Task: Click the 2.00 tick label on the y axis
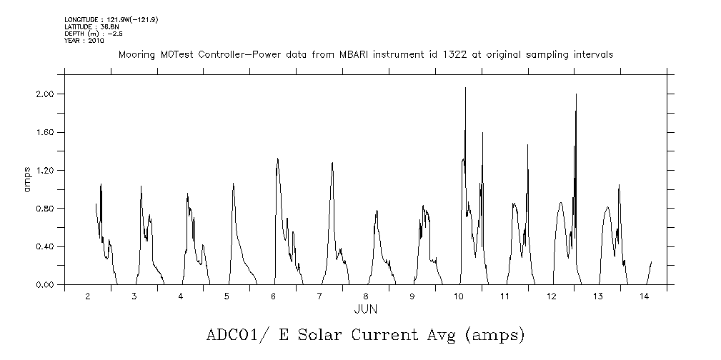(x=45, y=94)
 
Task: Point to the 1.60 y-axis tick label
(x=45, y=132)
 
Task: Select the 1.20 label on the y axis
(x=45, y=171)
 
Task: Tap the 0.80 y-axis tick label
(x=45, y=209)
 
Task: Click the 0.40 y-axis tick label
(x=45, y=246)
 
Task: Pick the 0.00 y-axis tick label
(x=45, y=285)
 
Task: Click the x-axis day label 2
(x=88, y=296)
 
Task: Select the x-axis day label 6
(x=274, y=296)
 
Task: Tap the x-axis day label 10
(x=459, y=296)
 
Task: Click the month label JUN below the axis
(x=366, y=309)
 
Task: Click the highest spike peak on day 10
(x=465, y=88)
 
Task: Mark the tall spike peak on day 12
(x=575, y=94)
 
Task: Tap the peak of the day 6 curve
(x=277, y=159)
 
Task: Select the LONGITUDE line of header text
(x=111, y=19)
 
